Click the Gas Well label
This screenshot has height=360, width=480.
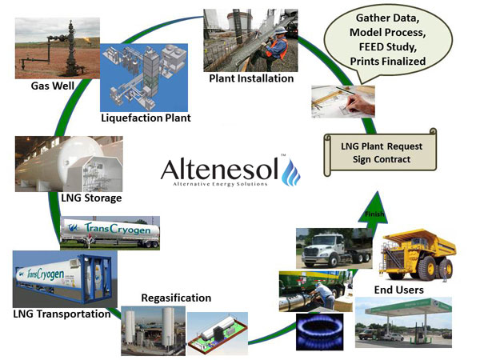pyautogui.click(x=53, y=86)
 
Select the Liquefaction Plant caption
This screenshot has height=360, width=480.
pyautogui.click(x=146, y=118)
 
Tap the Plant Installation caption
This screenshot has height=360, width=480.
pyautogui.click(x=251, y=78)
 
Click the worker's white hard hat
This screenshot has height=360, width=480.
pyautogui.click(x=281, y=30)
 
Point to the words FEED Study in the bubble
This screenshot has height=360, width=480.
pyautogui.click(x=387, y=47)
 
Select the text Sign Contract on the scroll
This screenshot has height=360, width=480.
pyautogui.click(x=382, y=159)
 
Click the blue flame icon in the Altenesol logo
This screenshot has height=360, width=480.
pyautogui.click(x=291, y=172)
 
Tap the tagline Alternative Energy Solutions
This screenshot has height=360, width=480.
pyautogui.click(x=220, y=184)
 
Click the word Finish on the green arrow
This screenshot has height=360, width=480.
pyautogui.click(x=374, y=214)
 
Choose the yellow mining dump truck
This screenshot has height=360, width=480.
pyautogui.click(x=418, y=256)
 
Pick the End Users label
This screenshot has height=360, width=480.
pyautogui.click(x=399, y=290)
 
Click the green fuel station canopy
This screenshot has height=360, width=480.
pyautogui.click(x=408, y=306)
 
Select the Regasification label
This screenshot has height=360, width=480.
pyautogui.click(x=176, y=298)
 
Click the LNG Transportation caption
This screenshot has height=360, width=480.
pyautogui.click(x=62, y=314)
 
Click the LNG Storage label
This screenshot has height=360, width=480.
pyautogui.click(x=91, y=198)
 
